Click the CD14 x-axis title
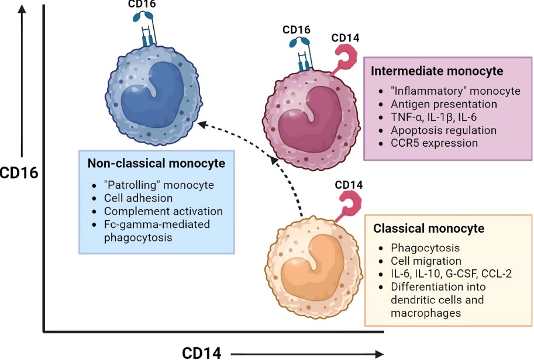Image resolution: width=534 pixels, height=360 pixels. coord(202,352)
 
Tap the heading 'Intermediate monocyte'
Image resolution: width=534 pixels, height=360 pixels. coord(437,71)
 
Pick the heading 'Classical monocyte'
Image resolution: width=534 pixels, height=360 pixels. coord(429,229)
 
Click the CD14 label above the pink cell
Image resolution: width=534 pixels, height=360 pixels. coord(345,39)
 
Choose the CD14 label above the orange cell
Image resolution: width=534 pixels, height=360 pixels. coord(349,185)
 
